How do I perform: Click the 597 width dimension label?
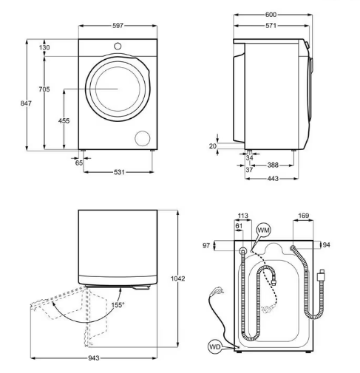point(118,26)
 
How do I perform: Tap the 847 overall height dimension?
point(26,103)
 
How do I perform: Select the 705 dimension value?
point(44,89)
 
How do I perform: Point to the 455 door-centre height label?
point(64,120)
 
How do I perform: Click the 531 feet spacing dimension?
point(119,172)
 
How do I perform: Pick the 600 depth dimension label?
point(271,15)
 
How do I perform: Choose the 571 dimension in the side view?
point(271,25)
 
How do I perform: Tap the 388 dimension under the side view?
point(273,165)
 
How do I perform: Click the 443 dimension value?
point(273,178)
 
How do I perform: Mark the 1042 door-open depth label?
point(177,278)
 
